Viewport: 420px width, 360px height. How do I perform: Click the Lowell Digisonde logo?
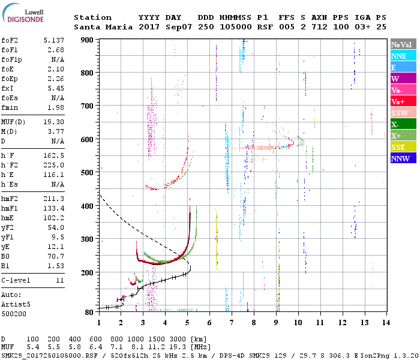coord(23,13)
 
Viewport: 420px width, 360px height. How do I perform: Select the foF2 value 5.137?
coord(53,40)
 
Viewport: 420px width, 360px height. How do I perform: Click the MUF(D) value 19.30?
coord(53,122)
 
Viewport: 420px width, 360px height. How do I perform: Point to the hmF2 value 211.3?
coord(53,199)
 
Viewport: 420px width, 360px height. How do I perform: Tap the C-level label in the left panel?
coord(16,280)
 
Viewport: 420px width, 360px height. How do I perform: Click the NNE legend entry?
coord(403,56)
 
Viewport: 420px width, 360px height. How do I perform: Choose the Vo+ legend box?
coord(403,102)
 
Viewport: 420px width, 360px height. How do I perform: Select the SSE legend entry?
coord(403,147)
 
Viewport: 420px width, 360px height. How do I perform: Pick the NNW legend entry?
coord(403,158)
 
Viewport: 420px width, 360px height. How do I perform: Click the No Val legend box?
coord(403,44)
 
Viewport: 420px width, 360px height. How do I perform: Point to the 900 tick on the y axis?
coord(87,40)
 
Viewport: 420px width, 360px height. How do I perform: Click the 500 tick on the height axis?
coord(87,173)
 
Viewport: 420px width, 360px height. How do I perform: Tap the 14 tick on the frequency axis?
coord(386,323)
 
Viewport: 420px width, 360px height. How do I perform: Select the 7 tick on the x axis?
coord(232,323)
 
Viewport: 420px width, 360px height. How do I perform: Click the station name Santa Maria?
coord(103,27)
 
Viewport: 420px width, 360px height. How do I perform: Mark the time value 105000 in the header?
coord(236,27)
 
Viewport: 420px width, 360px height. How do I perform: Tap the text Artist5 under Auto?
coord(16,305)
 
